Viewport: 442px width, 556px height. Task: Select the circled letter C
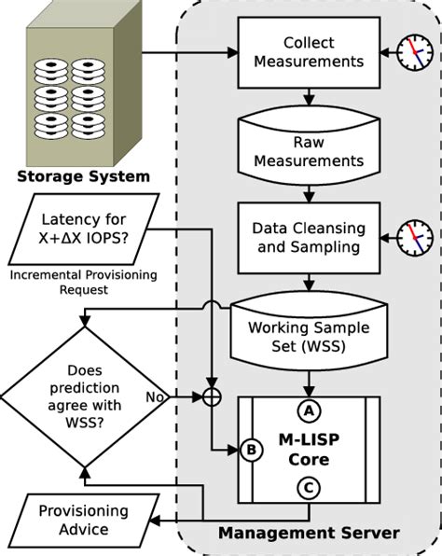(x=307, y=485)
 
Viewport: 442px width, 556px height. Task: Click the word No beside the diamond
(x=156, y=396)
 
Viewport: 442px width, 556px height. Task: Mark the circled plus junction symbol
(x=212, y=397)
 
